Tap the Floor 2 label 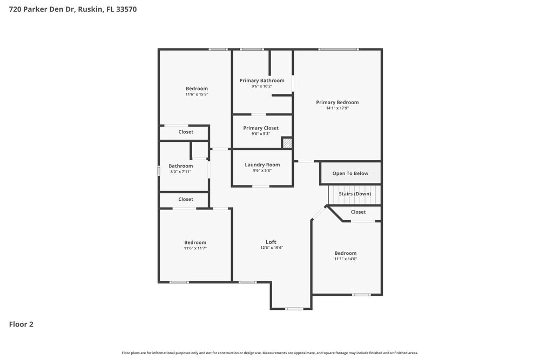click(x=21, y=324)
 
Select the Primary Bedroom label click(x=337, y=103)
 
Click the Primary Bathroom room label click(x=262, y=81)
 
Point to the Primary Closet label click(x=261, y=128)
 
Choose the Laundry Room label click(x=262, y=165)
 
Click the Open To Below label click(x=350, y=173)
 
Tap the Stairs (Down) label click(x=355, y=194)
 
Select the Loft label click(x=271, y=242)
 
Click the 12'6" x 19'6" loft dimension click(x=271, y=248)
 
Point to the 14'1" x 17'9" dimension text click(x=337, y=108)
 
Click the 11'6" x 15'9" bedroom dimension click(x=197, y=94)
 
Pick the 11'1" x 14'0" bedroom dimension click(x=345, y=259)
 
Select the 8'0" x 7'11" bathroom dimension click(x=180, y=172)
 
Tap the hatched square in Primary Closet click(x=287, y=143)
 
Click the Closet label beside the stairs click(x=358, y=212)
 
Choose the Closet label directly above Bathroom click(x=186, y=132)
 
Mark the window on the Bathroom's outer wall click(x=159, y=171)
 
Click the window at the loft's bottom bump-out click(x=294, y=309)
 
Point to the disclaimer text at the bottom click(x=270, y=352)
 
